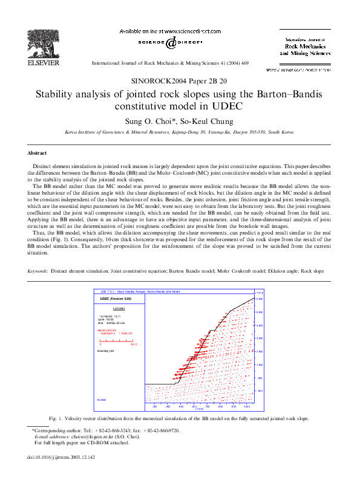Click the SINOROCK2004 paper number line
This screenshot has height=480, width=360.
pyautogui.click(x=180, y=80)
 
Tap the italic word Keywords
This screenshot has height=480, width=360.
pyautogui.click(x=38, y=271)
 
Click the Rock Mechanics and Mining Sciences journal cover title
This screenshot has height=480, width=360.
pyautogui.click(x=305, y=49)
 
